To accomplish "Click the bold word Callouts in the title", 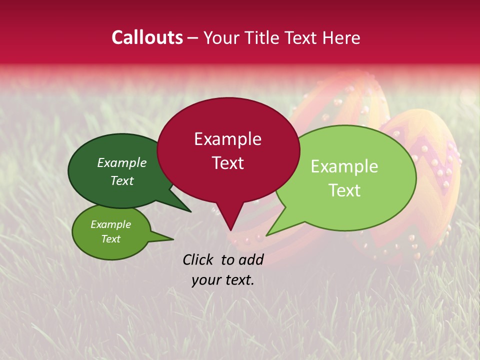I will (147, 37).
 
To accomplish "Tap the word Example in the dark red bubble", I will (227, 139).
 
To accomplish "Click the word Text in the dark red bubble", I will (227, 163).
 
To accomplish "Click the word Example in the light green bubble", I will (344, 166).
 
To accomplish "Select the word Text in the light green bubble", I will (344, 190).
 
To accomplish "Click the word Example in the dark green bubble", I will (122, 163).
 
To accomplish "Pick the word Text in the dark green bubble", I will (122, 180).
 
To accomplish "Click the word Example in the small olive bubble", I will (110, 224).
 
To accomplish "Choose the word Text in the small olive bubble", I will (110, 239).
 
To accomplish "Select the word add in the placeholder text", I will (251, 259).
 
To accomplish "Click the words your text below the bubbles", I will (223, 280).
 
